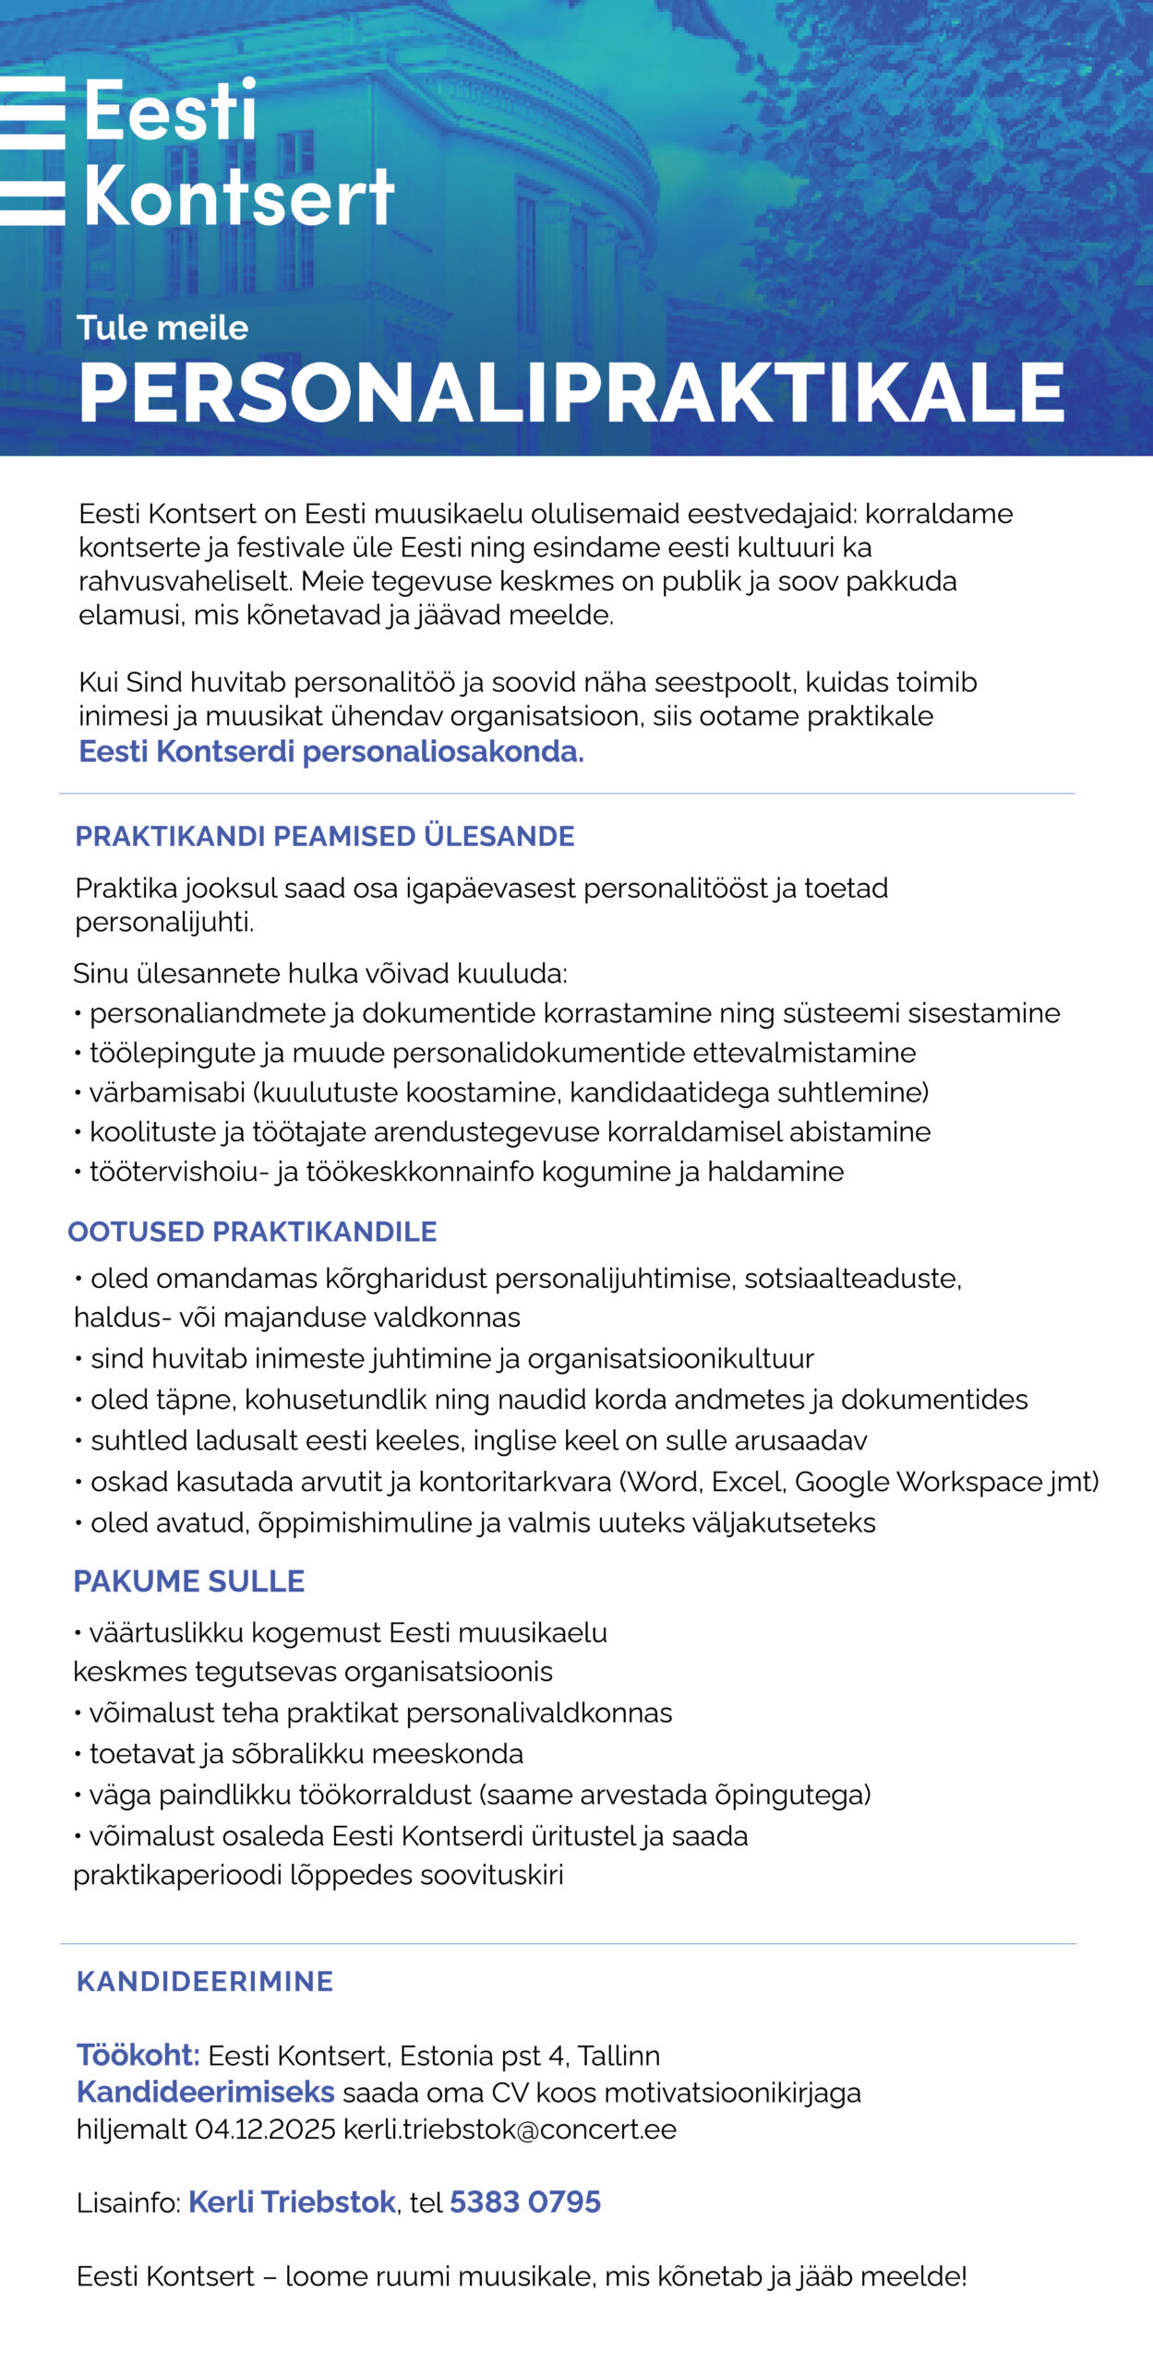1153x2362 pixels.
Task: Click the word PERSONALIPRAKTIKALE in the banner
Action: (571, 392)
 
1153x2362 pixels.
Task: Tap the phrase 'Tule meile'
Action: (162, 328)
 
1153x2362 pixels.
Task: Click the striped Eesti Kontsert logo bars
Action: (33, 151)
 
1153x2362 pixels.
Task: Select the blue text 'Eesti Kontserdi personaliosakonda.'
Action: (331, 751)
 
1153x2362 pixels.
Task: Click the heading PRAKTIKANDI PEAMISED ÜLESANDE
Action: (324, 836)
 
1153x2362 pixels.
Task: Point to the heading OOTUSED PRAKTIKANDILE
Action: (252, 1231)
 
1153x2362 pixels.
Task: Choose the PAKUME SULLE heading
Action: (189, 1581)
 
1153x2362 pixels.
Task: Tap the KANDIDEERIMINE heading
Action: (205, 1981)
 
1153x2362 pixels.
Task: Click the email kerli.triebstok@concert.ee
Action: (510, 2129)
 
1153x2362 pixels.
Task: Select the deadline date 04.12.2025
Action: (265, 2129)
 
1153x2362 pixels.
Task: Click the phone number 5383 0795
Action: (525, 2201)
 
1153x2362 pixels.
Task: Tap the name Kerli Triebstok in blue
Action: (292, 2201)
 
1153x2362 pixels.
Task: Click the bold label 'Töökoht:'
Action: (138, 2055)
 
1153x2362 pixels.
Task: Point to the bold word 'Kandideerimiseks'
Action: (206, 2092)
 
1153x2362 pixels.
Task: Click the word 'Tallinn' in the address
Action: (619, 2056)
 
